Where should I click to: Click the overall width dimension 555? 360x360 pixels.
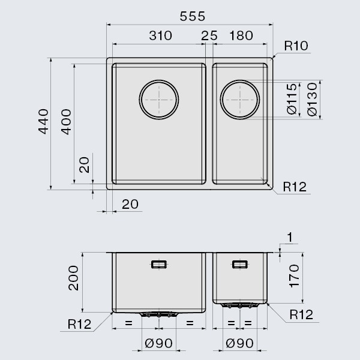pyautogui.click(x=193, y=16)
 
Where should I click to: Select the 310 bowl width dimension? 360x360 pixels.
pyautogui.click(x=160, y=35)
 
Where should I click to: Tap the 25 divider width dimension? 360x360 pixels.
pyautogui.click(x=209, y=35)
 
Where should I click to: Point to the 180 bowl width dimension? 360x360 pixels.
pyautogui.click(x=241, y=35)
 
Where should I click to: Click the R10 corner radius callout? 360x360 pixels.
pyautogui.click(x=296, y=46)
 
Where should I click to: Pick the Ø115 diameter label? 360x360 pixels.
pyautogui.click(x=292, y=99)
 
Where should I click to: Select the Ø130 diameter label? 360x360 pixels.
pyautogui.click(x=312, y=100)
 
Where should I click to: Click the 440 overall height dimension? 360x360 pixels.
pyautogui.click(x=43, y=121)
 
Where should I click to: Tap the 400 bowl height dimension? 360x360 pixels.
pyautogui.click(x=66, y=122)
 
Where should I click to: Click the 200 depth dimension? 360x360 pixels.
pyautogui.click(x=73, y=278)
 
